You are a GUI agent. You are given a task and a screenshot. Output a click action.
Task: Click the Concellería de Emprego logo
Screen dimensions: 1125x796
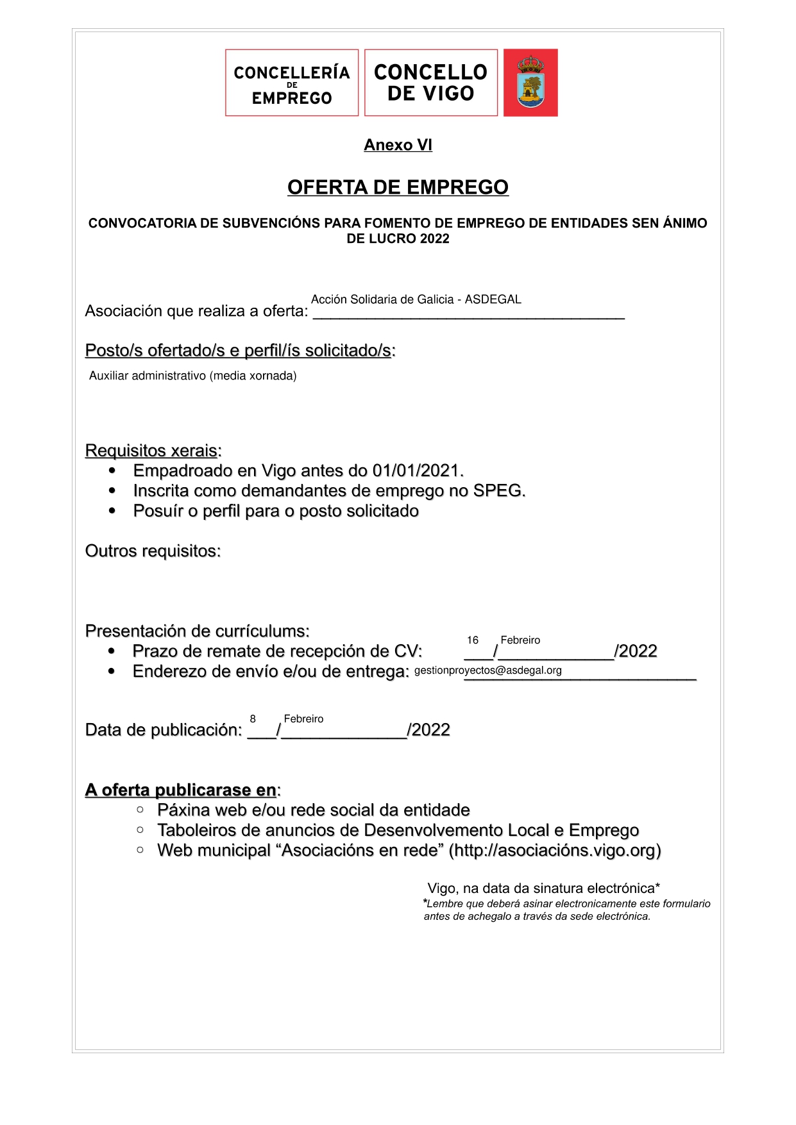[x=292, y=83]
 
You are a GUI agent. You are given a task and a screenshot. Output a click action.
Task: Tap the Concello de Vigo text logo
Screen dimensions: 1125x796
[x=430, y=83]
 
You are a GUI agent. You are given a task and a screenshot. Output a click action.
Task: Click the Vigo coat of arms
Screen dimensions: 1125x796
[x=530, y=83]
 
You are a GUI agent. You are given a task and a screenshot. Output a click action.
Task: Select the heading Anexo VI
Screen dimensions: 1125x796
[x=398, y=145]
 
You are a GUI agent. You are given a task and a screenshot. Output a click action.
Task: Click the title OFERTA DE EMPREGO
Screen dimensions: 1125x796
[x=398, y=187]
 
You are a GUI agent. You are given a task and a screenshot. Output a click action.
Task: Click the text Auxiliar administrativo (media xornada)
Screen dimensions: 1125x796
[x=193, y=376]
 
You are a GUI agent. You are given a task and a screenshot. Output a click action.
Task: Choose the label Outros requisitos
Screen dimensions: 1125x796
[x=153, y=551]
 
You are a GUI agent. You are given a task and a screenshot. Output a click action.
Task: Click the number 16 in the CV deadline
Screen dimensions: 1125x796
[x=473, y=640]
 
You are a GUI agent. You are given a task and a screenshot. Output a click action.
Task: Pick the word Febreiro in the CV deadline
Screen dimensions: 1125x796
[x=520, y=640]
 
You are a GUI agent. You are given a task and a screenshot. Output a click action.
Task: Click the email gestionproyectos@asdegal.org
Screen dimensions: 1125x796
[x=488, y=671]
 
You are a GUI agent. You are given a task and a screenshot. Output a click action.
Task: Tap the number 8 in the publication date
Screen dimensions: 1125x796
[x=253, y=719]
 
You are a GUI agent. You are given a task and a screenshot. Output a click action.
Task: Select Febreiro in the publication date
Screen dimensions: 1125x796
[x=303, y=719]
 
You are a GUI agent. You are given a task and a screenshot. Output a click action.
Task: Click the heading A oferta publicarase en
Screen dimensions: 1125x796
[x=181, y=790]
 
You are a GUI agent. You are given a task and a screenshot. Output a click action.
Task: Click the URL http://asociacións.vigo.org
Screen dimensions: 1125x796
[x=555, y=851]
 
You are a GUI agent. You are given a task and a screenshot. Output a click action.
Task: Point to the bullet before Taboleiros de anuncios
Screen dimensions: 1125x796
[x=140, y=830]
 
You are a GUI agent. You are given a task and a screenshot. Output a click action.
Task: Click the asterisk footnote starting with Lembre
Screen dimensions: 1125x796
[x=567, y=910]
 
